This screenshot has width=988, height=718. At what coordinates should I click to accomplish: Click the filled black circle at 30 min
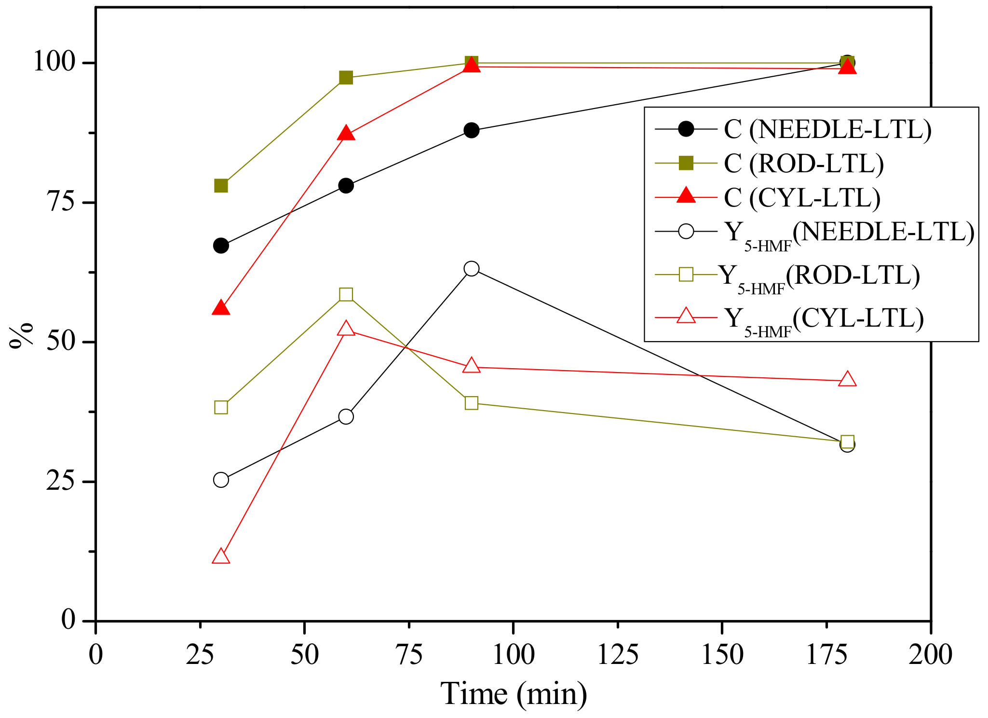coord(221,246)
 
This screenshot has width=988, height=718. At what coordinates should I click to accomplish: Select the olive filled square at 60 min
coord(346,78)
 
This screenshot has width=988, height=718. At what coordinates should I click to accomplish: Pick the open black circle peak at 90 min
coord(472,269)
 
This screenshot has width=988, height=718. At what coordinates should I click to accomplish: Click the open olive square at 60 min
coord(346,294)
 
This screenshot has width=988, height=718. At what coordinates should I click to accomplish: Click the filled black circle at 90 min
coord(472,130)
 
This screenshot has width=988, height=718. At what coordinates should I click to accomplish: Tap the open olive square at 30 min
coord(221,407)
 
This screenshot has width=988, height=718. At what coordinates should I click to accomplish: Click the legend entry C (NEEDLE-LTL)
coord(827,129)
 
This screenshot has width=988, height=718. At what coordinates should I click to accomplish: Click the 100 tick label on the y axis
coord(54,63)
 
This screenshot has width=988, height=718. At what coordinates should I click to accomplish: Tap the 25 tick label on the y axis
coord(61,482)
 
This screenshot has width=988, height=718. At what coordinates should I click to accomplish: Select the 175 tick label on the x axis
coord(826,655)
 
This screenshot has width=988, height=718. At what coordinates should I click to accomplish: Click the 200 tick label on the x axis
coord(931,655)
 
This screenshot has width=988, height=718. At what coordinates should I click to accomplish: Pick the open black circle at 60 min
coord(346,416)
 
